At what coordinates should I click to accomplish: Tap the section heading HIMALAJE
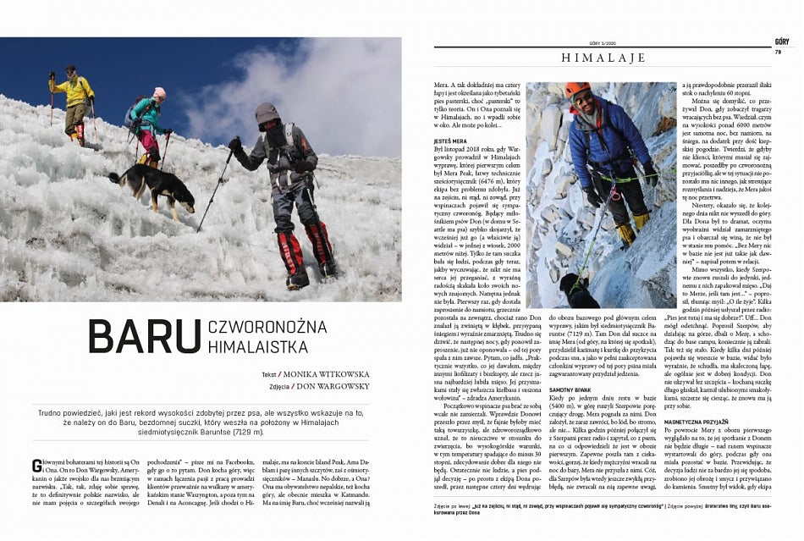click(603, 58)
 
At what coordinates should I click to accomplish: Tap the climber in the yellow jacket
click(75, 95)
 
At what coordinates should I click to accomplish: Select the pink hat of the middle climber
click(159, 92)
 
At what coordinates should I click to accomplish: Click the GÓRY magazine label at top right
click(782, 41)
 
